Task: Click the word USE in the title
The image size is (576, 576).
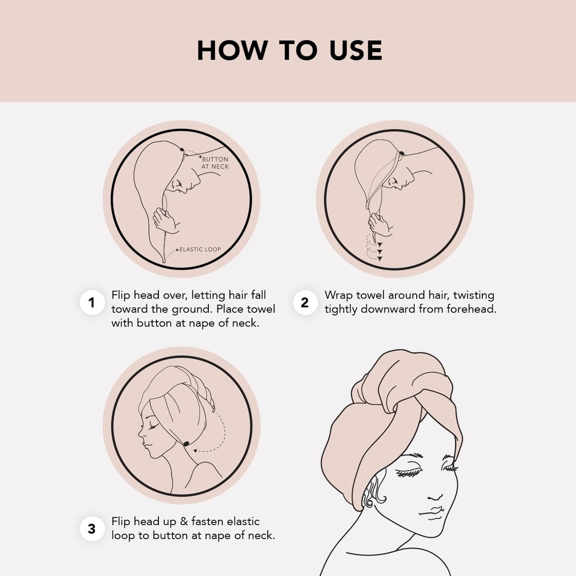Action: tap(356, 50)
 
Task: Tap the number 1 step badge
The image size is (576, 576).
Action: tap(92, 302)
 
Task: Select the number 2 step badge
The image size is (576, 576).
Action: tap(305, 302)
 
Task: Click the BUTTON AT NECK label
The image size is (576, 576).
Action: tap(215, 163)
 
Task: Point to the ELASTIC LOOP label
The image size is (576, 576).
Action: tap(200, 249)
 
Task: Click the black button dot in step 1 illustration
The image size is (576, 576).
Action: tap(182, 149)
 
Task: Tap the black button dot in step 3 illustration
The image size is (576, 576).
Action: tap(186, 444)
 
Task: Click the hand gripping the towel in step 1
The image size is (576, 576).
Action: tap(165, 221)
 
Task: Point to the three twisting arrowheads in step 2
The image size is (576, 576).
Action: tap(380, 252)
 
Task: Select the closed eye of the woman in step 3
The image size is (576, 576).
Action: tap(153, 427)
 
